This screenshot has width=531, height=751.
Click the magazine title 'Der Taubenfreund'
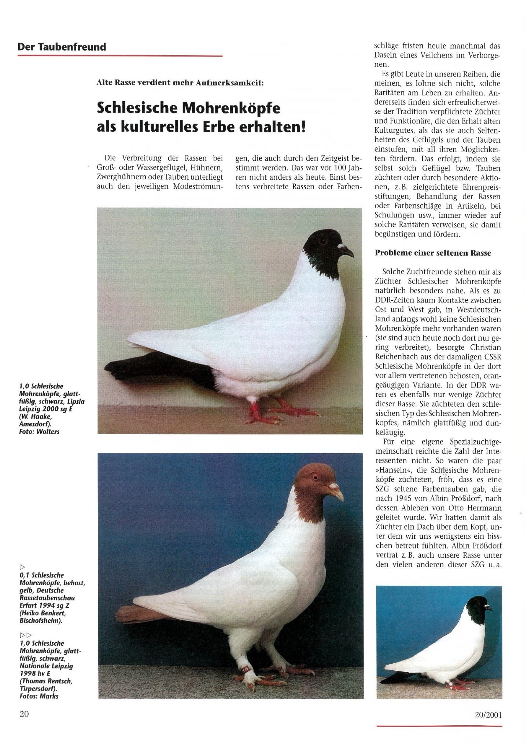point(62,47)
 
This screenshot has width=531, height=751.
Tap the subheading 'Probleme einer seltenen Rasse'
point(432,253)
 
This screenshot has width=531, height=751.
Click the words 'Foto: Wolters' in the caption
point(39,432)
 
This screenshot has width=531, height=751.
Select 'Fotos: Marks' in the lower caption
point(39,696)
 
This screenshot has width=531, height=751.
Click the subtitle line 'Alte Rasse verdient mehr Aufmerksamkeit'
point(180,83)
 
